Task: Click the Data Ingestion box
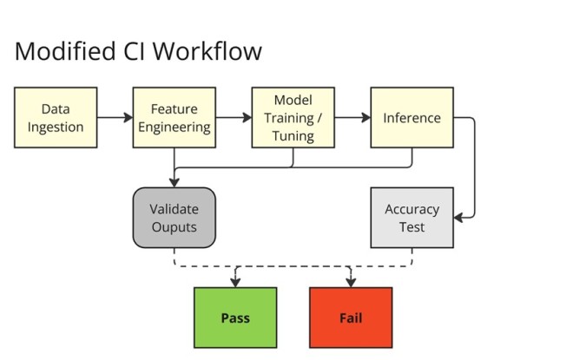[56, 117]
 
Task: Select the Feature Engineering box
[174, 117]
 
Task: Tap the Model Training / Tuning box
[293, 117]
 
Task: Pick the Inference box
[412, 117]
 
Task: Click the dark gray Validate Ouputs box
[174, 218]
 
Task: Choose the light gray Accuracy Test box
[412, 218]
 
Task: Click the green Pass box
[234, 317]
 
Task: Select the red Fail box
[351, 317]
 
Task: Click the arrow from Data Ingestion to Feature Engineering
[115, 117]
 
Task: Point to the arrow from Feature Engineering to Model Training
[234, 117]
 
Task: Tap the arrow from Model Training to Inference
[352, 117]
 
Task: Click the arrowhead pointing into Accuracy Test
[459, 218]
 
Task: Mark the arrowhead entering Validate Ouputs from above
[174, 181]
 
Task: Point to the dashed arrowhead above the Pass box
[234, 282]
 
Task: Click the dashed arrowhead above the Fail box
[351, 282]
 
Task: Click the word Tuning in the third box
[293, 136]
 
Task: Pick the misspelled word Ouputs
[174, 227]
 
